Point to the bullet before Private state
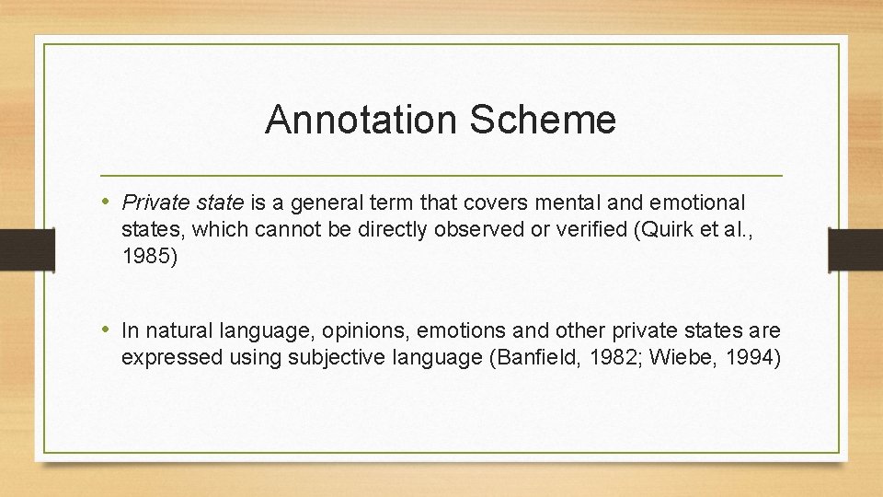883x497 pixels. pos(109,202)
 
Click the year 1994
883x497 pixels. pos(754,357)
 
